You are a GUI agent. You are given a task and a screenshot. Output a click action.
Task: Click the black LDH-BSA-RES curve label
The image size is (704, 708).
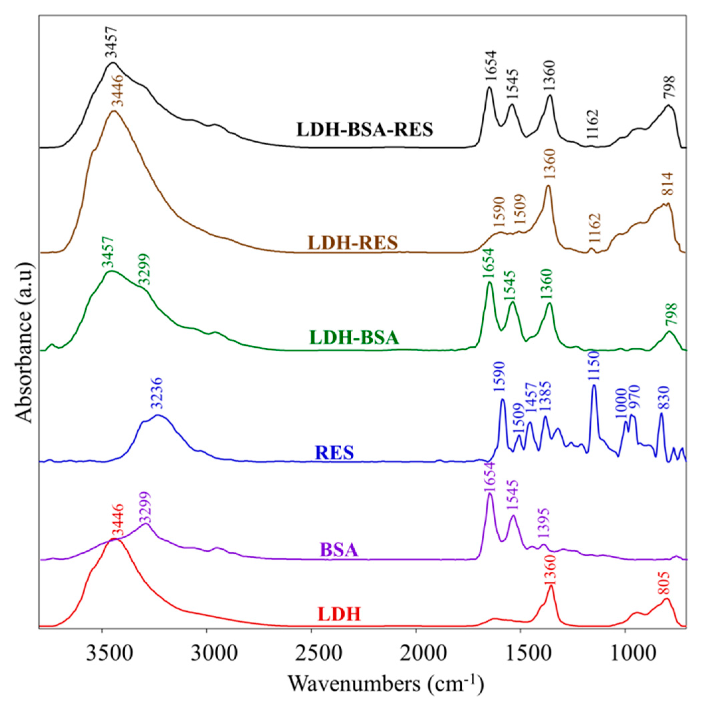pyautogui.click(x=365, y=130)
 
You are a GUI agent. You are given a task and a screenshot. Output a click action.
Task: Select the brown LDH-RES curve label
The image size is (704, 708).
pyautogui.click(x=353, y=242)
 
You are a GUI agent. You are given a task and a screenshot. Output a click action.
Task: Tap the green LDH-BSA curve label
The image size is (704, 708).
pyautogui.click(x=354, y=338)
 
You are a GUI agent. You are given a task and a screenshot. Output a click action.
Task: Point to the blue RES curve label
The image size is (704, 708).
pyautogui.click(x=334, y=453)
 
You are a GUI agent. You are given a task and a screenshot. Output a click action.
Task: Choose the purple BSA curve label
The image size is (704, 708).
pyautogui.click(x=339, y=550)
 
